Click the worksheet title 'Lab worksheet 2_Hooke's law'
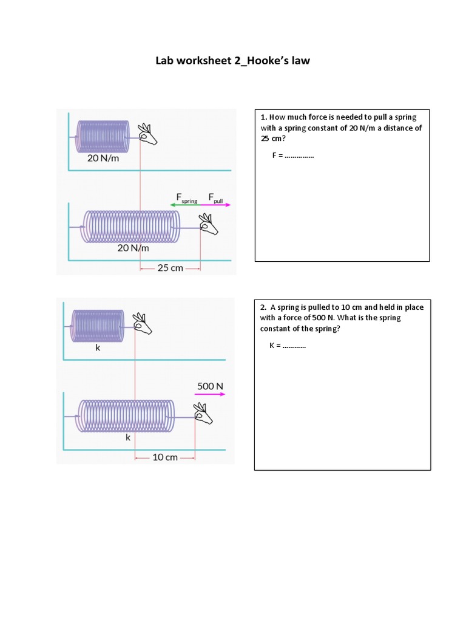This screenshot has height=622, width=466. pyautogui.click(x=232, y=61)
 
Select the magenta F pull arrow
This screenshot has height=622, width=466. pyautogui.click(x=216, y=205)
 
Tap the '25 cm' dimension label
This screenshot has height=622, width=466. pyautogui.click(x=170, y=267)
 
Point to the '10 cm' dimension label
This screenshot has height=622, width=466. pyautogui.click(x=164, y=457)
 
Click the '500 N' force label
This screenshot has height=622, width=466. pyautogui.click(x=211, y=386)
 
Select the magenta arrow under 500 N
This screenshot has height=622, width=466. pyautogui.click(x=211, y=394)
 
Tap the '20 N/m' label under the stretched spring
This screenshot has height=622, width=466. pyautogui.click(x=133, y=248)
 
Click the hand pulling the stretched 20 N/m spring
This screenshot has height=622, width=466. pyautogui.click(x=209, y=224)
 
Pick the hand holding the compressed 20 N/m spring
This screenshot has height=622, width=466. pyautogui.click(x=147, y=134)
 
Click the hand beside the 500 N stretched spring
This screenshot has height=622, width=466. pyautogui.click(x=203, y=415)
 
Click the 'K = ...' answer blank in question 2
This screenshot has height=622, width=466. pyautogui.click(x=288, y=346)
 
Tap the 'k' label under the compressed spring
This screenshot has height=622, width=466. pyautogui.click(x=98, y=349)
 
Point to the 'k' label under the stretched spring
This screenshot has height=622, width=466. pyautogui.click(x=127, y=437)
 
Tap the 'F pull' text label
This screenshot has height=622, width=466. pyautogui.click(x=216, y=198)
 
